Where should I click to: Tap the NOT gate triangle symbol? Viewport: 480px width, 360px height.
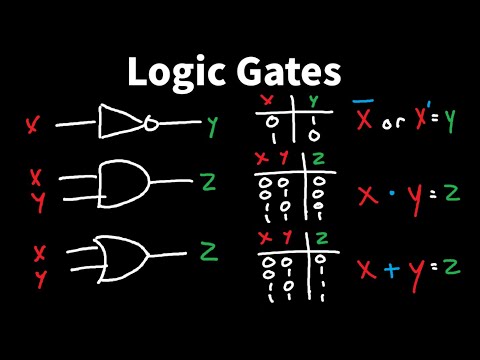click(x=120, y=122)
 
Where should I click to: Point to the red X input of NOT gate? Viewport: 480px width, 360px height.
click(x=34, y=125)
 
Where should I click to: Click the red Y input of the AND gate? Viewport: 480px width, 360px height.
click(x=37, y=201)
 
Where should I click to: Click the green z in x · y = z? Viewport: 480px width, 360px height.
click(x=451, y=190)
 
